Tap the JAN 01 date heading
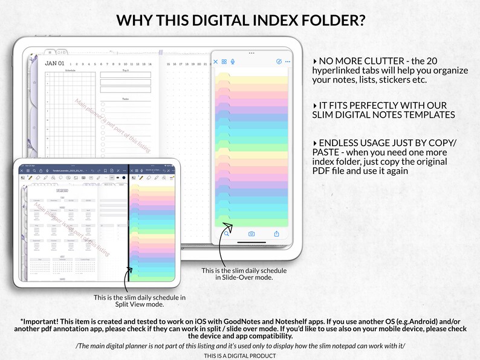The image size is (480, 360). pos(54,63)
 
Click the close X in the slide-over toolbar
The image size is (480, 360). pos(216,62)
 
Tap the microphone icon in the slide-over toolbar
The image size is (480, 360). pos(233,62)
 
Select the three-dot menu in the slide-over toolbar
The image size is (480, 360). pos(288,62)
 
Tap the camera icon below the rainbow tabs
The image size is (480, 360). pos(251,234)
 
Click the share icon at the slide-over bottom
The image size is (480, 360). pos(277,233)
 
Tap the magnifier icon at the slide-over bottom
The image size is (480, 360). pos(226,233)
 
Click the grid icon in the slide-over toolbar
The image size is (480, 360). pos(224,62)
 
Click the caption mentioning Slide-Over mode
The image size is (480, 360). pos(237,274)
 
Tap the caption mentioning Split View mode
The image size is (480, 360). pos(139,300)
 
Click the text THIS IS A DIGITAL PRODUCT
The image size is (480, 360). pos(239,356)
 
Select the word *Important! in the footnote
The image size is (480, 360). pos(40,321)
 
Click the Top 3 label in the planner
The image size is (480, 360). pos(125,71)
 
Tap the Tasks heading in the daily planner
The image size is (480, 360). pos(125,98)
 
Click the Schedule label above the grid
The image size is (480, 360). pos(71,71)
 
